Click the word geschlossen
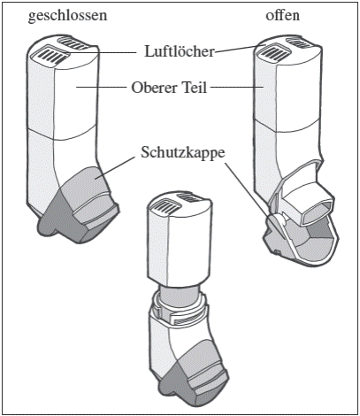(67, 16)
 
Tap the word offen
(282, 15)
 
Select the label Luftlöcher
(179, 51)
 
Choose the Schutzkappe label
(183, 153)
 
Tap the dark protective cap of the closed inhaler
(78, 206)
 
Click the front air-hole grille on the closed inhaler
(50, 55)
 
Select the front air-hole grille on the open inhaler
(273, 51)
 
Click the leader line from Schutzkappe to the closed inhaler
(114, 167)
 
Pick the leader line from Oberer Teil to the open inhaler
(236, 87)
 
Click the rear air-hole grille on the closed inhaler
(74, 43)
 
